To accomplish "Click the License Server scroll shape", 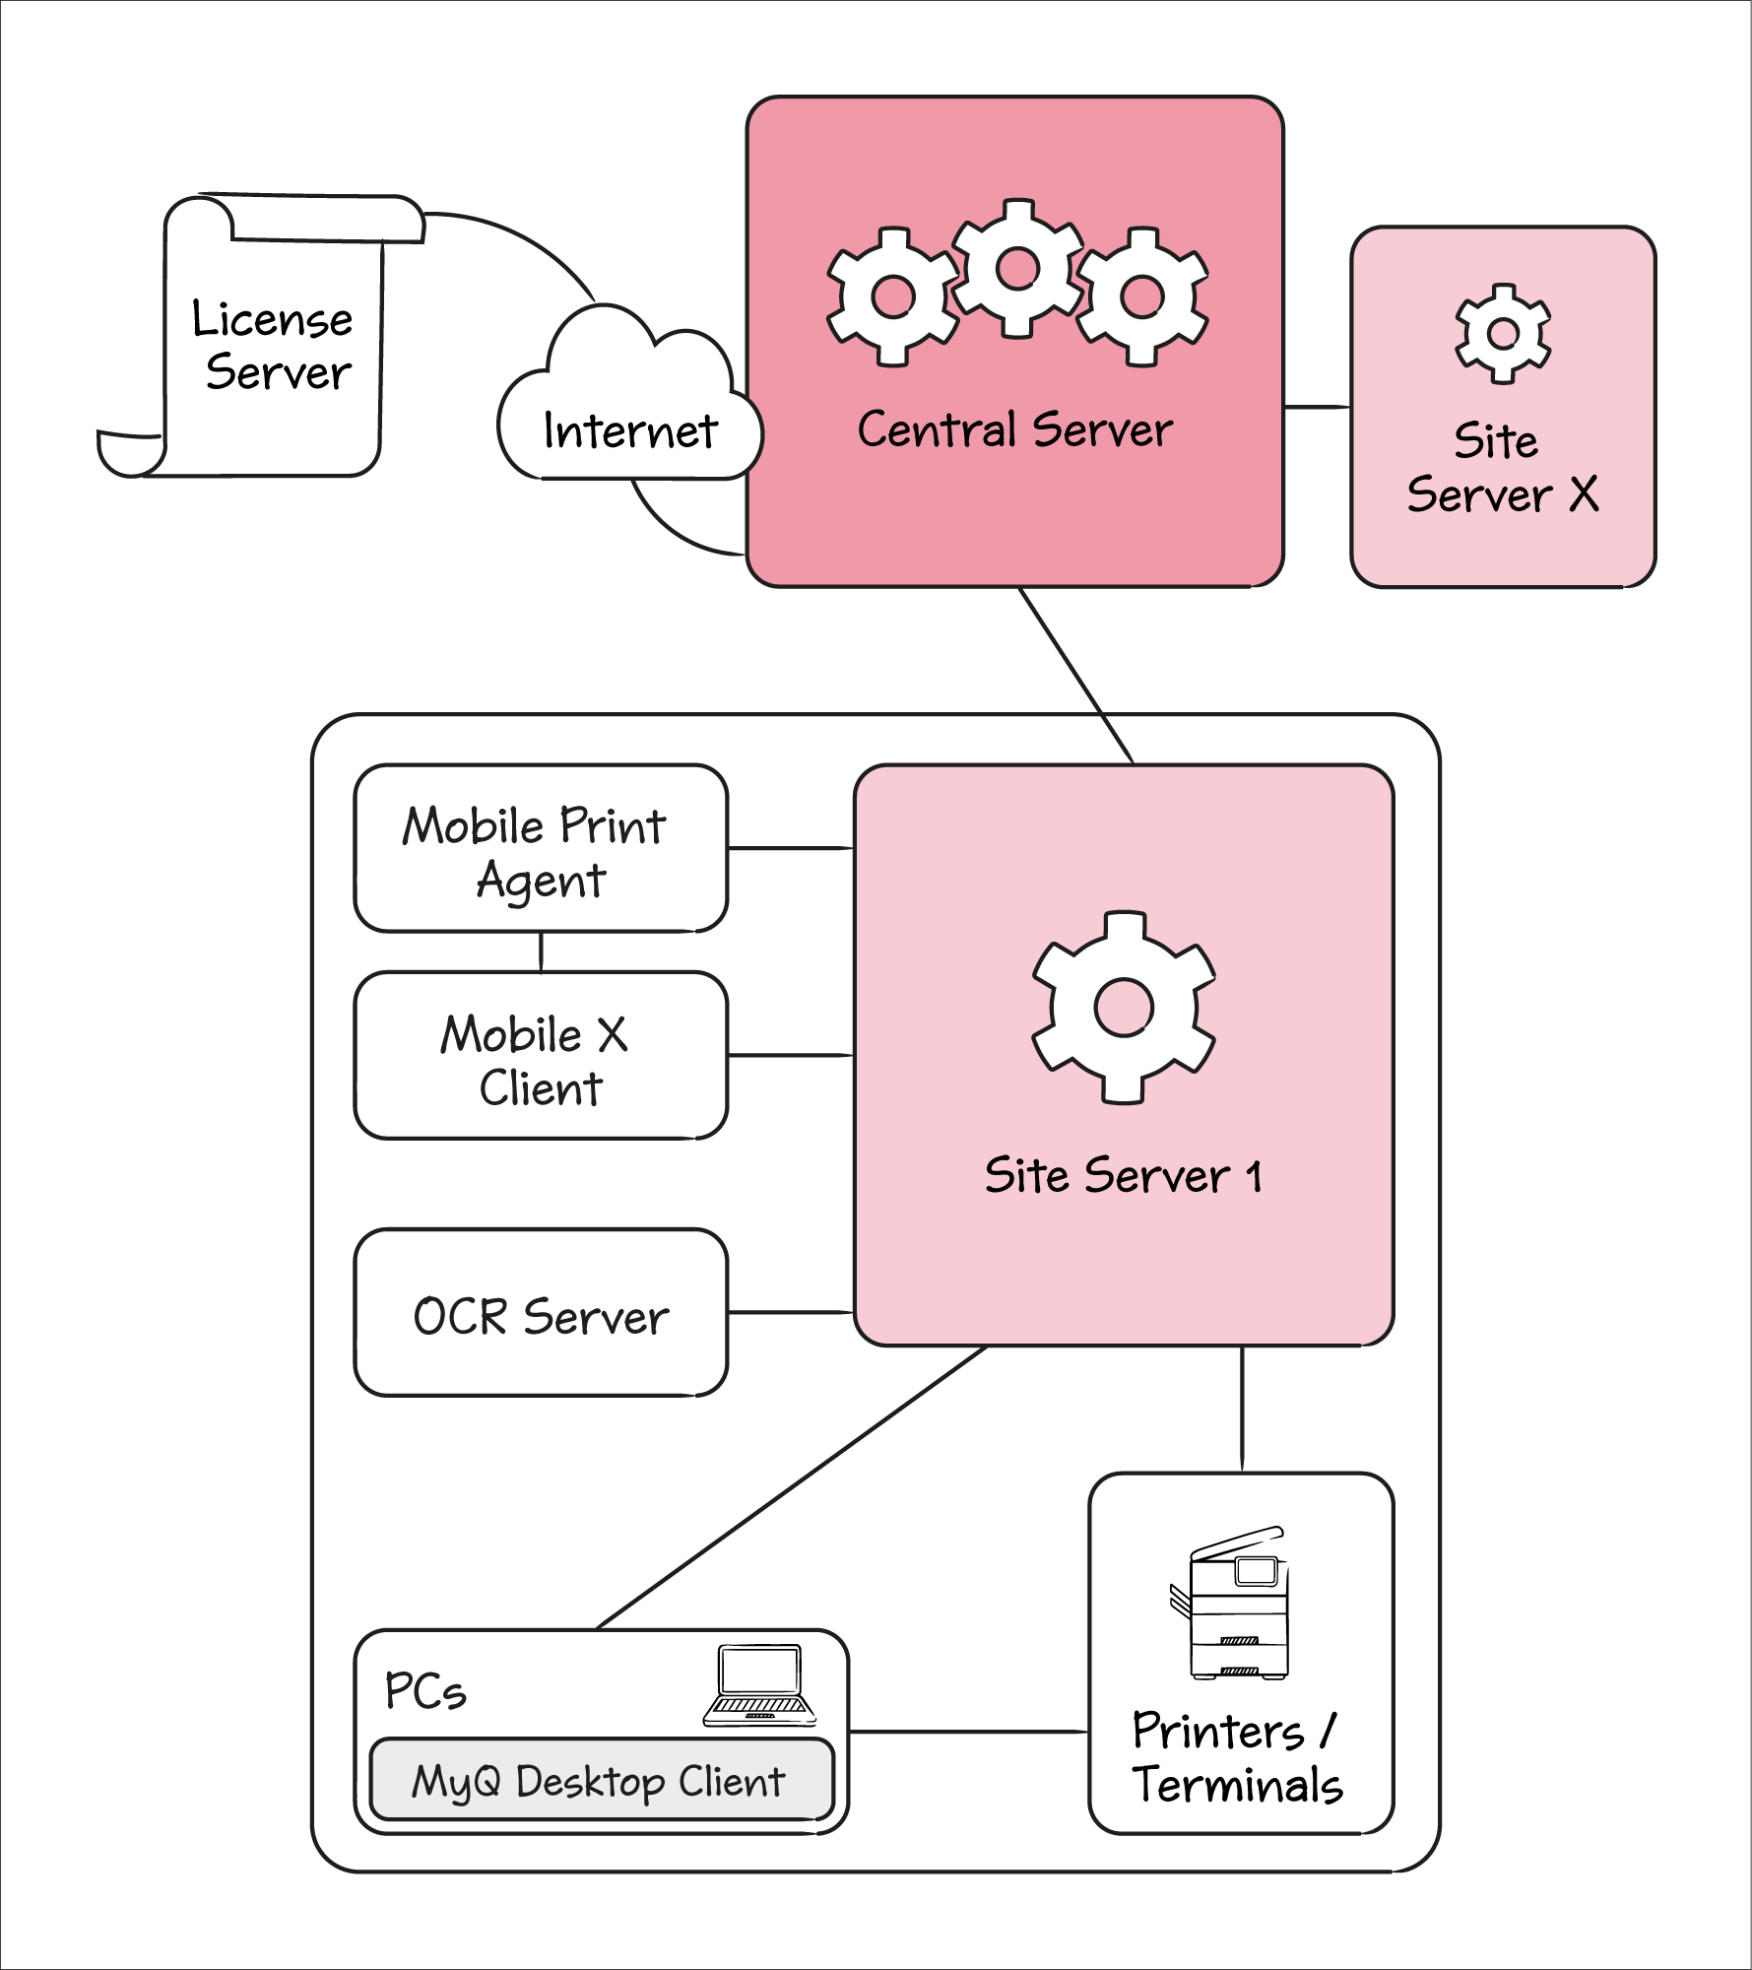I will pyautogui.click(x=271, y=345).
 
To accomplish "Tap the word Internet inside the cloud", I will pyautogui.click(x=630, y=431).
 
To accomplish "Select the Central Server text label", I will pyautogui.click(x=1014, y=430).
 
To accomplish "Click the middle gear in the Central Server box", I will pyautogui.click(x=1017, y=268).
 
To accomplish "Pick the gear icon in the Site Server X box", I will pyautogui.click(x=1503, y=334).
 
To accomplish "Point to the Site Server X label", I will pyautogui.click(x=1502, y=468).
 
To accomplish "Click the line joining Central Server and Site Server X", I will pyautogui.click(x=1317, y=407).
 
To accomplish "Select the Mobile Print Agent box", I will pyautogui.click(x=541, y=849).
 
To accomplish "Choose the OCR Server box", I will pyautogui.click(x=541, y=1313).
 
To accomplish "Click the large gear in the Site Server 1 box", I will pyautogui.click(x=1124, y=1008).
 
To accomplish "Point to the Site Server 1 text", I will pyautogui.click(x=1124, y=1176).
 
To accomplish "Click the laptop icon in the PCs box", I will pyautogui.click(x=759, y=1686).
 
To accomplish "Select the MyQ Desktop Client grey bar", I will pyautogui.click(x=601, y=1781).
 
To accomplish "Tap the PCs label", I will pyautogui.click(x=424, y=1691).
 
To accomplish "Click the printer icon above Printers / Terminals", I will pyautogui.click(x=1232, y=1606).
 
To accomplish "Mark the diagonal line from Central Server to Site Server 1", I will pyautogui.click(x=1076, y=676).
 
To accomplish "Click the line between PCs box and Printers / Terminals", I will pyautogui.click(x=968, y=1732).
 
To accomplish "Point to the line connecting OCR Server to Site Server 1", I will pyautogui.click(x=791, y=1312).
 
